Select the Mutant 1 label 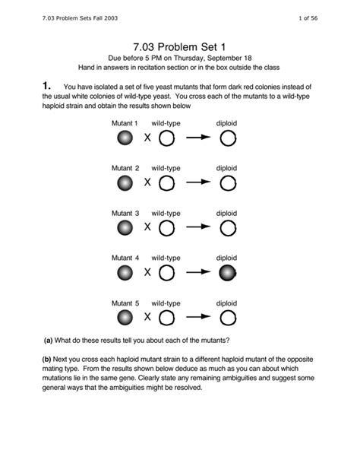(x=125, y=123)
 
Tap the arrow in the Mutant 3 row (x=200, y=227)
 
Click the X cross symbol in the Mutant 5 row (x=147, y=316)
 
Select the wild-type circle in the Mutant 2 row (x=166, y=182)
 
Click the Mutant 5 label (x=125, y=302)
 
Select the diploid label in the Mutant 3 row (x=227, y=213)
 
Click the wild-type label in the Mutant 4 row (x=166, y=258)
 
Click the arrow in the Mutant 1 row (x=200, y=138)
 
